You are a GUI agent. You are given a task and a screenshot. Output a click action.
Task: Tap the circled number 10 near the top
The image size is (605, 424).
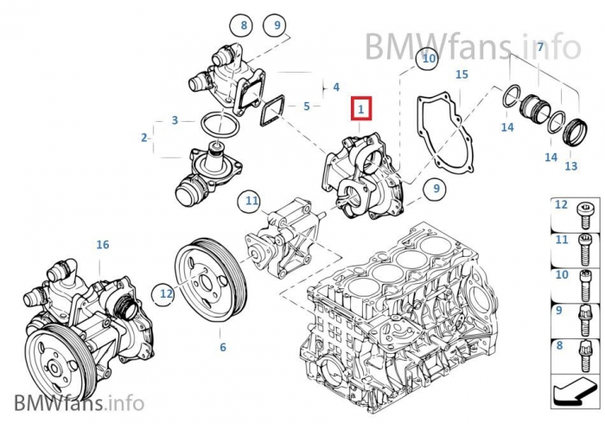pyautogui.click(x=427, y=59)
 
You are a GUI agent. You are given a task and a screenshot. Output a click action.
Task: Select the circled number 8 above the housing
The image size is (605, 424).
pyautogui.click(x=244, y=26)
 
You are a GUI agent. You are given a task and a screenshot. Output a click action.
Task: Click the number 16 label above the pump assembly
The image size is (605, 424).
pyautogui.click(x=103, y=245)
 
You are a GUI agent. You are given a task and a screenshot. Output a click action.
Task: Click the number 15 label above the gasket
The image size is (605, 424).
pyautogui.click(x=462, y=75)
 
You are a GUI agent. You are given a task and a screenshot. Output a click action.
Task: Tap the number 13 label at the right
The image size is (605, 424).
pyautogui.click(x=571, y=166)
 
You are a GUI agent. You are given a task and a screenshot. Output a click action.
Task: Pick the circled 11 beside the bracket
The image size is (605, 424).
pyautogui.click(x=252, y=202)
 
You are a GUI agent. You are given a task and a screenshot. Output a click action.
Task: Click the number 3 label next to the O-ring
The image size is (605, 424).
pyautogui.click(x=175, y=120)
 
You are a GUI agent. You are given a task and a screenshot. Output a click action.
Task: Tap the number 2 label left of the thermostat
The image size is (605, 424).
pyautogui.click(x=144, y=137)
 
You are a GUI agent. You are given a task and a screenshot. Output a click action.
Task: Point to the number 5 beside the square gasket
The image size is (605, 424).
pyautogui.click(x=307, y=106)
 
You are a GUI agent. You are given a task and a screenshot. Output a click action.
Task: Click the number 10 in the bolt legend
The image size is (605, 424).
pyautogui.click(x=561, y=275)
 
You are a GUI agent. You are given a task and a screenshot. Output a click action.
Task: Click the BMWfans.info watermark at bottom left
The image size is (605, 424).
pyautogui.click(x=79, y=402)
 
